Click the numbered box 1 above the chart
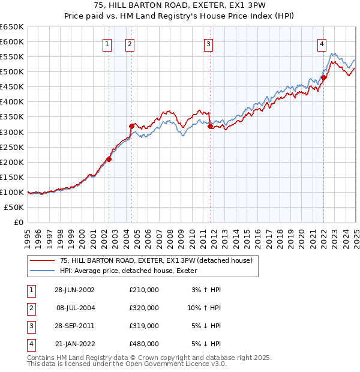[x=107, y=43]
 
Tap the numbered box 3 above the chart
[x=208, y=43]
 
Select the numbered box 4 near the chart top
[x=322, y=43]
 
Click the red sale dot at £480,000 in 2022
[x=323, y=77]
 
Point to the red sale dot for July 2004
[x=131, y=125]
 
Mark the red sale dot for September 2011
[x=211, y=126]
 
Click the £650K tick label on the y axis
[x=12, y=27]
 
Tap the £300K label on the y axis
[x=12, y=132]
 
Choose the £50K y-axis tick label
[x=14, y=207]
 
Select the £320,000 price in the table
[x=144, y=308]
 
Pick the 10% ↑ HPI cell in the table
[x=204, y=308]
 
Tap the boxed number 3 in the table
[x=30, y=326]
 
